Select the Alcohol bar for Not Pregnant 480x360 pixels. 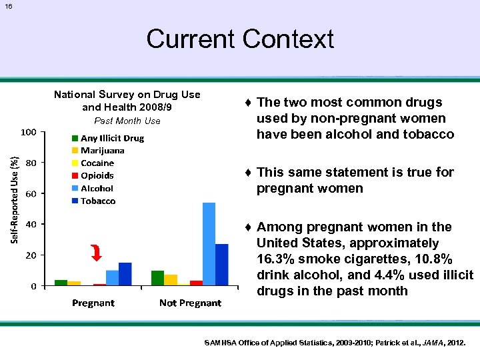(209, 243)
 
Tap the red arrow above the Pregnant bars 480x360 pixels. (97, 253)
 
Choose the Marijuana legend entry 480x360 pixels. (102, 151)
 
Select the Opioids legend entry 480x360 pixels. (97, 176)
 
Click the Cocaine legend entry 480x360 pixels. (97, 163)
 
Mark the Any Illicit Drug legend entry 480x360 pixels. (111, 138)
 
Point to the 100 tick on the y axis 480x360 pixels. (27, 132)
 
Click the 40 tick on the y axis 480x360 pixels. (31, 225)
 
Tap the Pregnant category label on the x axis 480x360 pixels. (93, 303)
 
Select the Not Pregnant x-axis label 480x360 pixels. (190, 303)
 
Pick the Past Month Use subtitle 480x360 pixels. (127, 121)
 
